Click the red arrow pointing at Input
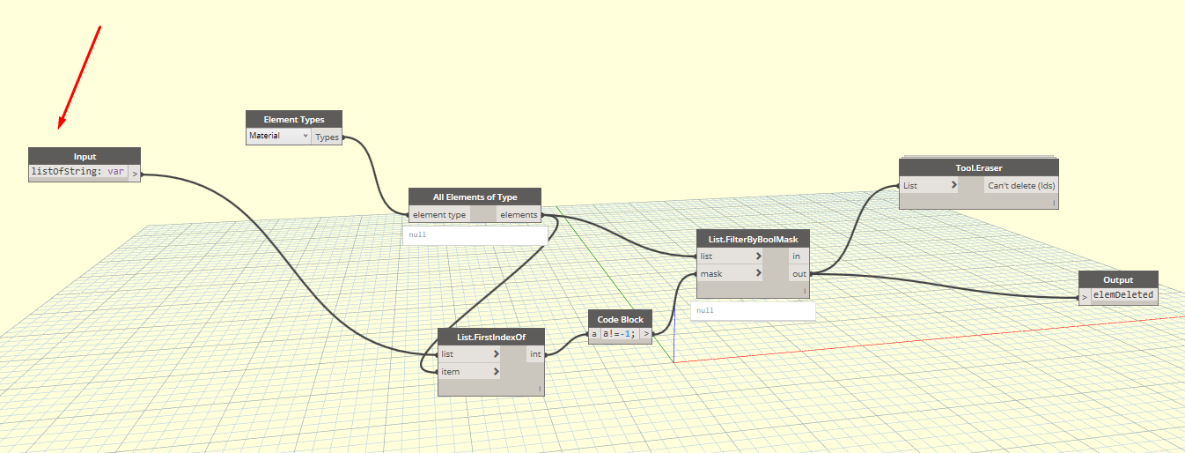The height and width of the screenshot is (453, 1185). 79,78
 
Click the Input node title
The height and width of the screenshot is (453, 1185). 85,156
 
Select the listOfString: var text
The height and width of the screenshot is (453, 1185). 77,172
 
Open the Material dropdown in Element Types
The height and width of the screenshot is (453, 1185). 278,137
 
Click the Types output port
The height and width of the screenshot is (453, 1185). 327,137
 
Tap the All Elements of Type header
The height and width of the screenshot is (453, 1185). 475,197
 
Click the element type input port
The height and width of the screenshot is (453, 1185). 439,214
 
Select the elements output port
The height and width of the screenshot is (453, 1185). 519,214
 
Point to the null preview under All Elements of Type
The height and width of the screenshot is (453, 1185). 475,235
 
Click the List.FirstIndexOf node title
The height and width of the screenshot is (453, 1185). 491,337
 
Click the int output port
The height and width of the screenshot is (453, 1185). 535,354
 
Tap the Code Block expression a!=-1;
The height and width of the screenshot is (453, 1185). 619,334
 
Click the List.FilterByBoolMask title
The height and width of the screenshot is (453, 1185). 753,240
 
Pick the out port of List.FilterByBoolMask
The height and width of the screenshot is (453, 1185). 799,274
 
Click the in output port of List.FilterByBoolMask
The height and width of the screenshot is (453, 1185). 796,256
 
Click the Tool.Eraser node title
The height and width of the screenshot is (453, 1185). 979,168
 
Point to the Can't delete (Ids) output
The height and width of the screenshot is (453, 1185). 1021,185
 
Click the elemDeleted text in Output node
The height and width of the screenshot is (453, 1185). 1123,294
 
